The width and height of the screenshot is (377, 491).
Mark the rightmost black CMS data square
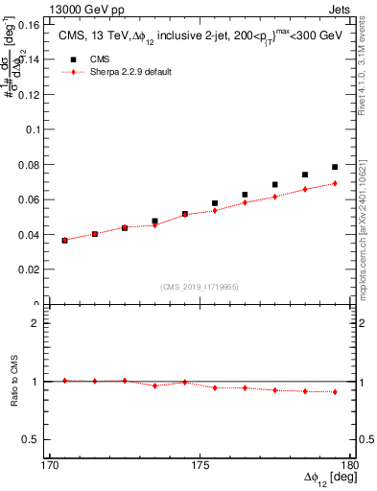click(335, 167)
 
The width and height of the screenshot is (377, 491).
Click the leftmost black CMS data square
click(64, 240)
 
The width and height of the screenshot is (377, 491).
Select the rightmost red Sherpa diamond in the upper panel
click(335, 183)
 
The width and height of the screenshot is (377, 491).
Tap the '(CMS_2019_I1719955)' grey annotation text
click(200, 286)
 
